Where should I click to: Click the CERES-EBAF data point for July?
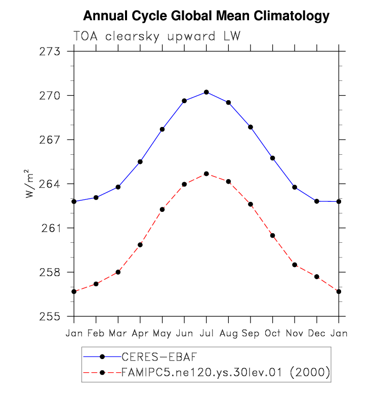tap(206, 92)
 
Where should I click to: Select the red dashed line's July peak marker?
tap(206, 174)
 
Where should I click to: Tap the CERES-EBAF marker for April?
tap(140, 161)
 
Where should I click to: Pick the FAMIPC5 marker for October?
tap(272, 236)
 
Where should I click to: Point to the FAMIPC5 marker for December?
tap(317, 277)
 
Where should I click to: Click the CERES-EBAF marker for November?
tap(295, 187)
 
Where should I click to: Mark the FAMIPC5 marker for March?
tap(118, 272)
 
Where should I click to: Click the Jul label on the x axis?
tap(206, 333)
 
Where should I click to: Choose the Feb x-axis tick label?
tap(96, 333)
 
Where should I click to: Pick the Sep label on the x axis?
tap(250, 333)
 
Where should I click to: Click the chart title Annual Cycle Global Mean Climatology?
tap(206, 16)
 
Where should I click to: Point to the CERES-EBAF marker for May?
tap(162, 129)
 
